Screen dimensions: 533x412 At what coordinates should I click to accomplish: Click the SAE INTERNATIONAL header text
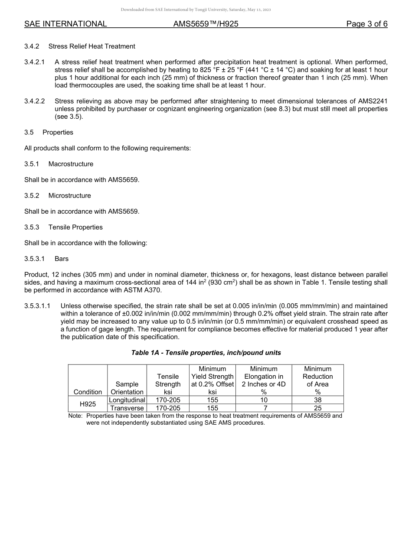tap(65, 24)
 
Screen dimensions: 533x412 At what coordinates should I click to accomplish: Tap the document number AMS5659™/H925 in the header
tap(206, 24)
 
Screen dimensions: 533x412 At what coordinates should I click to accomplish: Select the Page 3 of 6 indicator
tap(366, 24)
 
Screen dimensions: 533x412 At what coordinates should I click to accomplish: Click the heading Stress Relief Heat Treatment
tap(92, 46)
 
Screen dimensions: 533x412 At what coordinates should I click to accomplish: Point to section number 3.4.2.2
tap(35, 101)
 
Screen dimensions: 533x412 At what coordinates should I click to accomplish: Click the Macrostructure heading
tap(71, 164)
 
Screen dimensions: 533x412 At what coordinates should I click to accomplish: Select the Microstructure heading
tap(69, 195)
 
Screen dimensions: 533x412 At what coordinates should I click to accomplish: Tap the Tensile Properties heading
tap(75, 227)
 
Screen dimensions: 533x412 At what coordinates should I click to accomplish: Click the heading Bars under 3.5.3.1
tap(62, 259)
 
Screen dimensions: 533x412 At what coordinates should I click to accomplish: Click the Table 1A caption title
tap(206, 353)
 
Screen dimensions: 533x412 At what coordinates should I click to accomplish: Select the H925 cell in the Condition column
tap(88, 404)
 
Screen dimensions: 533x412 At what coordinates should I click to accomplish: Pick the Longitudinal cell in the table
tap(127, 400)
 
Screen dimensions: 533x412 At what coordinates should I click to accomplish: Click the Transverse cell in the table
tap(127, 408)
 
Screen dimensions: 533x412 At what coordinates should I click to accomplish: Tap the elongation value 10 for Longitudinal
tap(264, 400)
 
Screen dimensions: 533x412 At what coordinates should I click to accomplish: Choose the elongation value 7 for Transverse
tap(264, 408)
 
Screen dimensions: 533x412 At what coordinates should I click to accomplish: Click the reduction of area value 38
tap(317, 400)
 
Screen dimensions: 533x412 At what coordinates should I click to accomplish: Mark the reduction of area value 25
tap(317, 408)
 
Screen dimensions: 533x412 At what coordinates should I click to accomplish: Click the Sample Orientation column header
tap(127, 388)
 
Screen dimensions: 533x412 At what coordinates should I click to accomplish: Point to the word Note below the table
tap(75, 416)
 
